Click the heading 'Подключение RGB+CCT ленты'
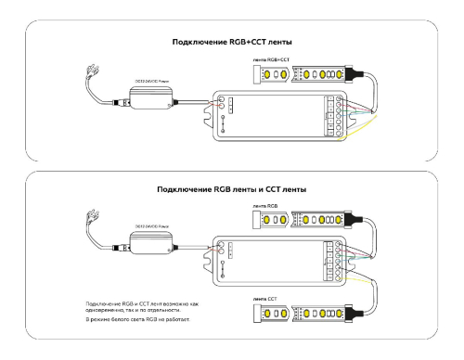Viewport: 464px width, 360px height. tap(233, 42)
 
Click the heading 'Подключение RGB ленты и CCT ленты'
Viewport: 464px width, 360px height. tap(232, 188)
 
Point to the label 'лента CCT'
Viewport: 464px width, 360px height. tap(266, 299)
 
